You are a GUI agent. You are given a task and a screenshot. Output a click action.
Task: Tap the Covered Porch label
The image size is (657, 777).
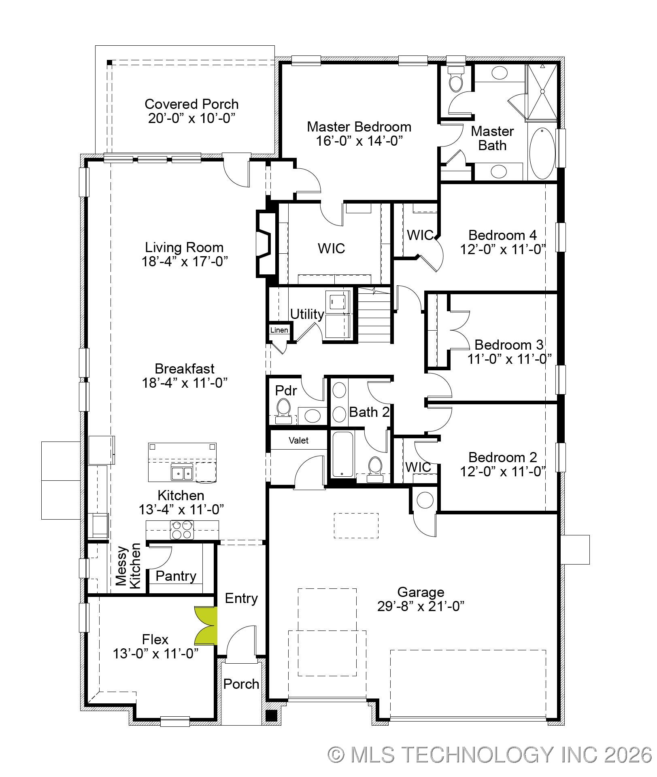191,104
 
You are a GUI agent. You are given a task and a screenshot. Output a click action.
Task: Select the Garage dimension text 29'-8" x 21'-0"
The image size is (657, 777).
420,606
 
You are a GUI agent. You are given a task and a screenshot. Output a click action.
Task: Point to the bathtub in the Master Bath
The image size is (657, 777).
542,153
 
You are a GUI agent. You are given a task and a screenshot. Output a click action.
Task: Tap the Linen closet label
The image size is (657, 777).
279,330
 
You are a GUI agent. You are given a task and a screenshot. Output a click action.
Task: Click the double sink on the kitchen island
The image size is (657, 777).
182,472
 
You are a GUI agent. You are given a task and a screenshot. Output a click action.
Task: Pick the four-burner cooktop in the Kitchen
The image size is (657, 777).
182,530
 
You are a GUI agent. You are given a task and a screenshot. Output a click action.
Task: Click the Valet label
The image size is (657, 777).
298,440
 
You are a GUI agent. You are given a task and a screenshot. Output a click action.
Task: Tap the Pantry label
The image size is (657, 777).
176,576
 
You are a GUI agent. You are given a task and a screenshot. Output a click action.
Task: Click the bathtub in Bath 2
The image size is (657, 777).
342,454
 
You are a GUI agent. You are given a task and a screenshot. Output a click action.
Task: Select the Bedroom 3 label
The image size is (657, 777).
508,345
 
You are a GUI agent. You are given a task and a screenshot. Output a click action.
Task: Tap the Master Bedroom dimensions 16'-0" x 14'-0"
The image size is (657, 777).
359,141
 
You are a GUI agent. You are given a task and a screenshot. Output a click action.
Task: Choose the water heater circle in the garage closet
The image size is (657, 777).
425,500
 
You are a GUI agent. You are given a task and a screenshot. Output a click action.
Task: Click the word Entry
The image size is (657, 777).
241,598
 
